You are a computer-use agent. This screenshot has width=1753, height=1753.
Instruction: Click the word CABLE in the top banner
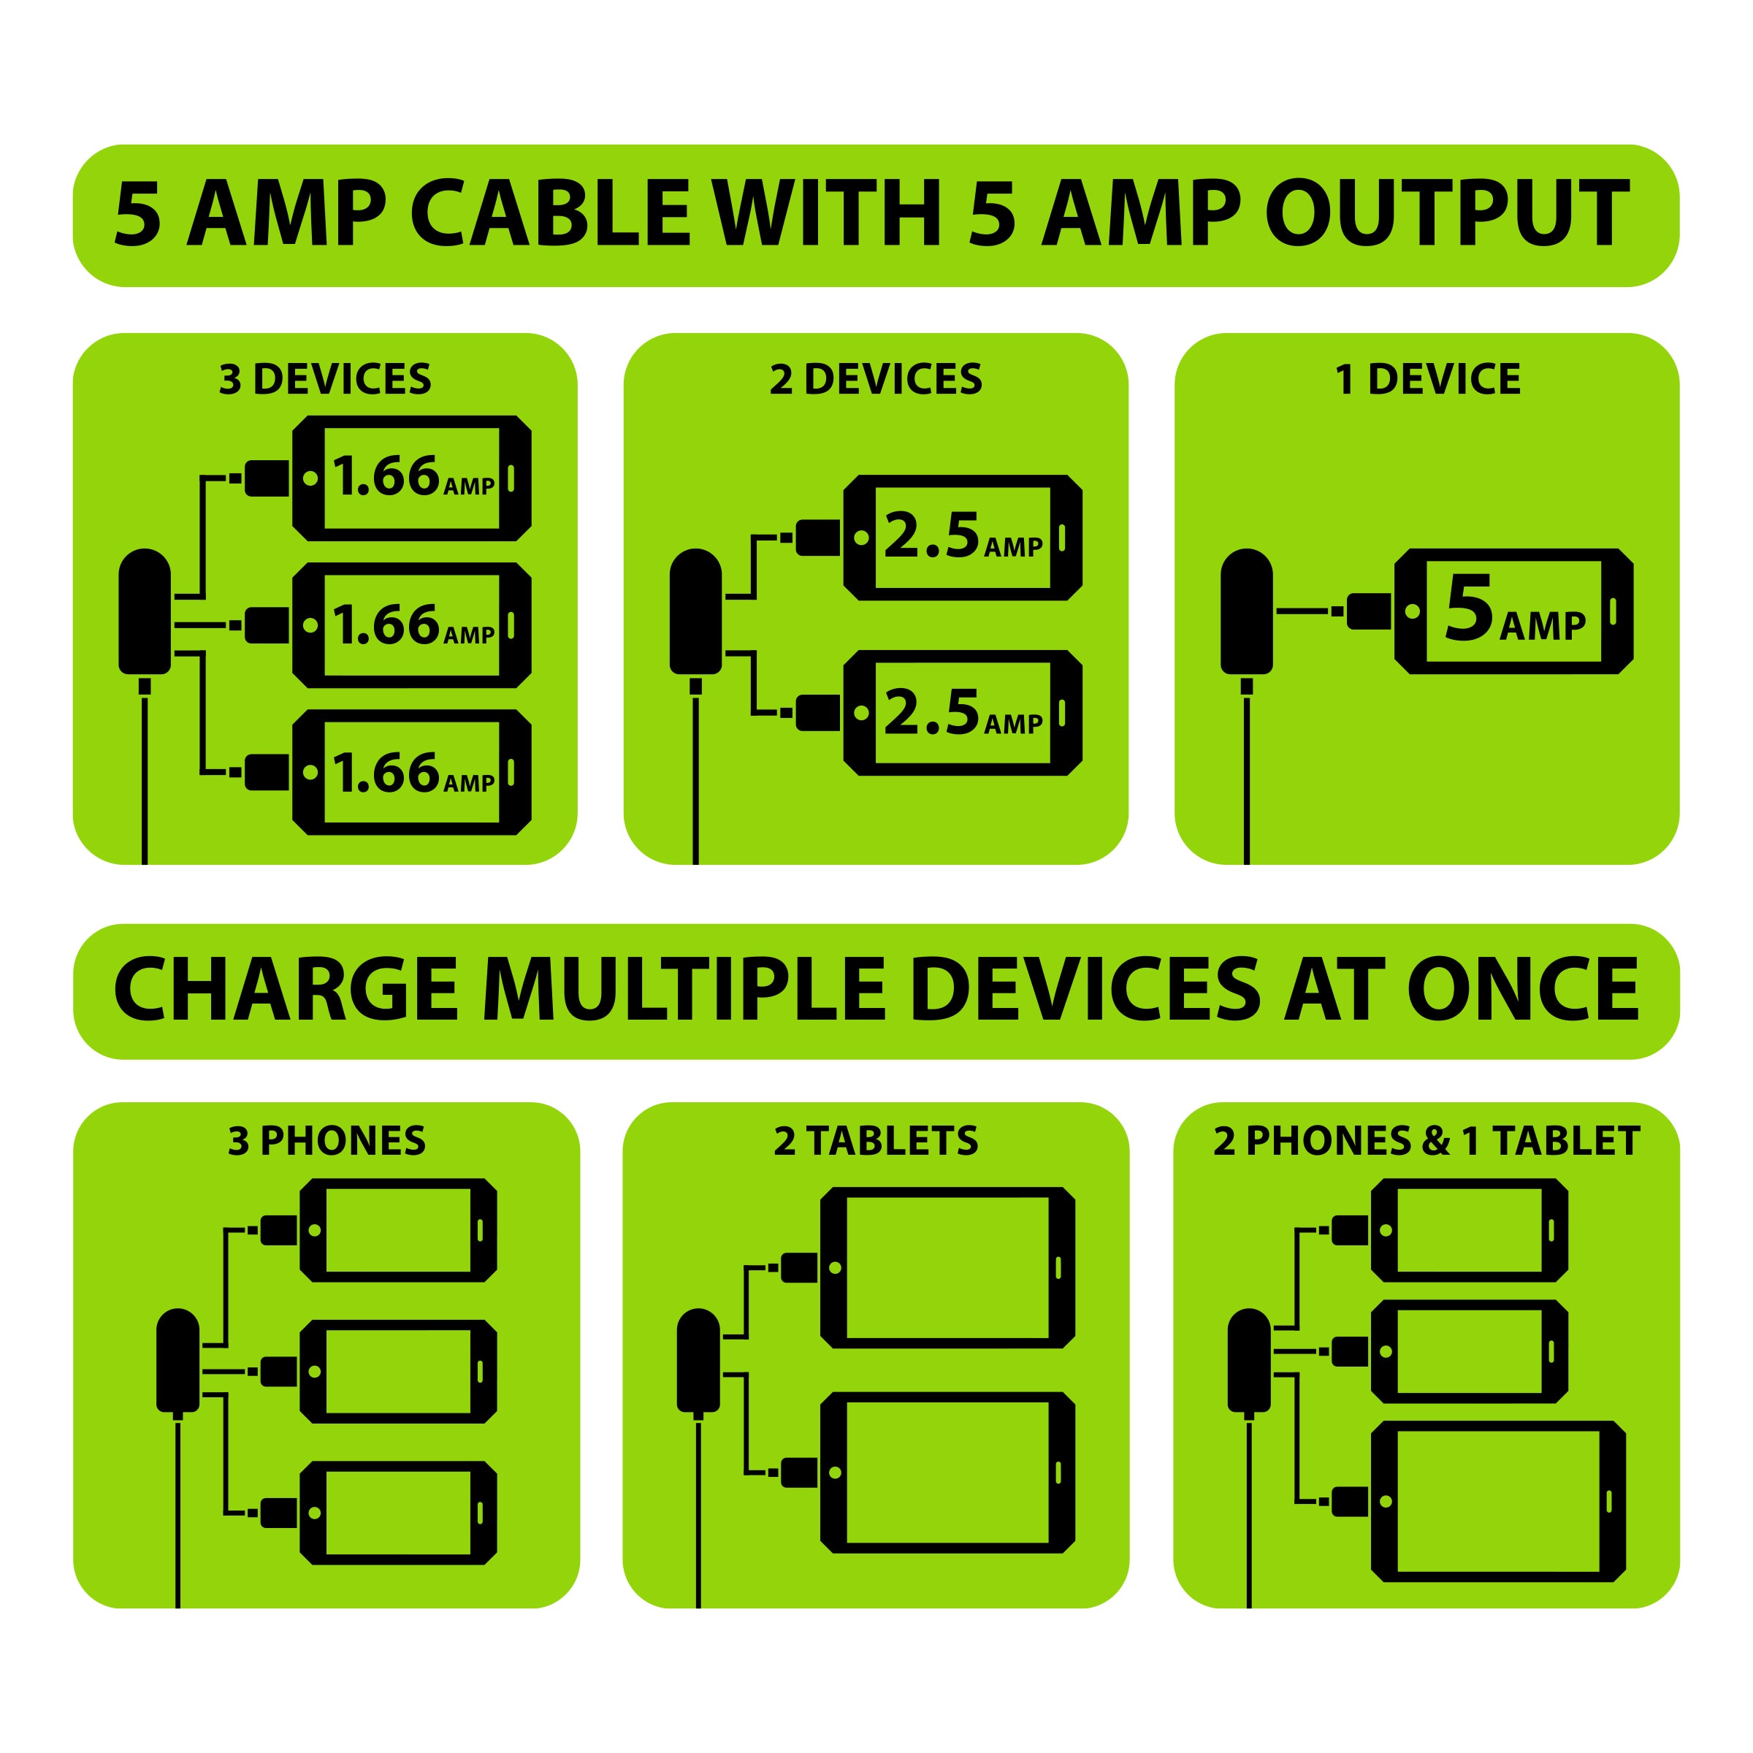tap(551, 213)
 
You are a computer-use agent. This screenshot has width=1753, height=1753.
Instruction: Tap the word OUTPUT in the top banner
tap(1448, 213)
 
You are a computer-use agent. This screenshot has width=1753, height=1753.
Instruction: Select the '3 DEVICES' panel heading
tap(325, 379)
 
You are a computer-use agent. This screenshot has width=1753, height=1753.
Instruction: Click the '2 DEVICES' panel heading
tap(876, 379)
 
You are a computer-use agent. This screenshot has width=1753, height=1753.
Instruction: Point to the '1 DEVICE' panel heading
tap(1427, 379)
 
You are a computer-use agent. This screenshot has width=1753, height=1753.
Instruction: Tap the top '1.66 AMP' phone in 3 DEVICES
tap(412, 478)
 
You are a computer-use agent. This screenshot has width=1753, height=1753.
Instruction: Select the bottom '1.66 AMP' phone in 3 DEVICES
tap(412, 772)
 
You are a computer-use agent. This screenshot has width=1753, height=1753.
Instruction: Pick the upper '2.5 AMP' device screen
tap(963, 537)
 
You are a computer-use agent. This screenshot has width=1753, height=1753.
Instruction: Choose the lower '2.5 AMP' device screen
tap(963, 712)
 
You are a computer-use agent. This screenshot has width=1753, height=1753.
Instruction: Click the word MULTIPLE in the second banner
tap(684, 990)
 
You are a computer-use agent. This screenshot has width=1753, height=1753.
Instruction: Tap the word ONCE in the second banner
tap(1524, 990)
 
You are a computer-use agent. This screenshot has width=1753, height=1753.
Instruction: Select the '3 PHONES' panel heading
tap(326, 1140)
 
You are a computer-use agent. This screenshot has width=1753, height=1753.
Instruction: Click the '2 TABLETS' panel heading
tap(876, 1140)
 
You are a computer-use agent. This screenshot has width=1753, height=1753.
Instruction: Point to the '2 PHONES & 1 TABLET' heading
tap(1427, 1140)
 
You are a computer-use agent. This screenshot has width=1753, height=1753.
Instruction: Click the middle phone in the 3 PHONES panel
tap(398, 1371)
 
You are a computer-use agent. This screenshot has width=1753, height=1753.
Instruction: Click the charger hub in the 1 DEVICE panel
tap(1247, 611)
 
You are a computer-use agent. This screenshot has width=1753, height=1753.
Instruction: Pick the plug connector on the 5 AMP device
tap(1367, 611)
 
